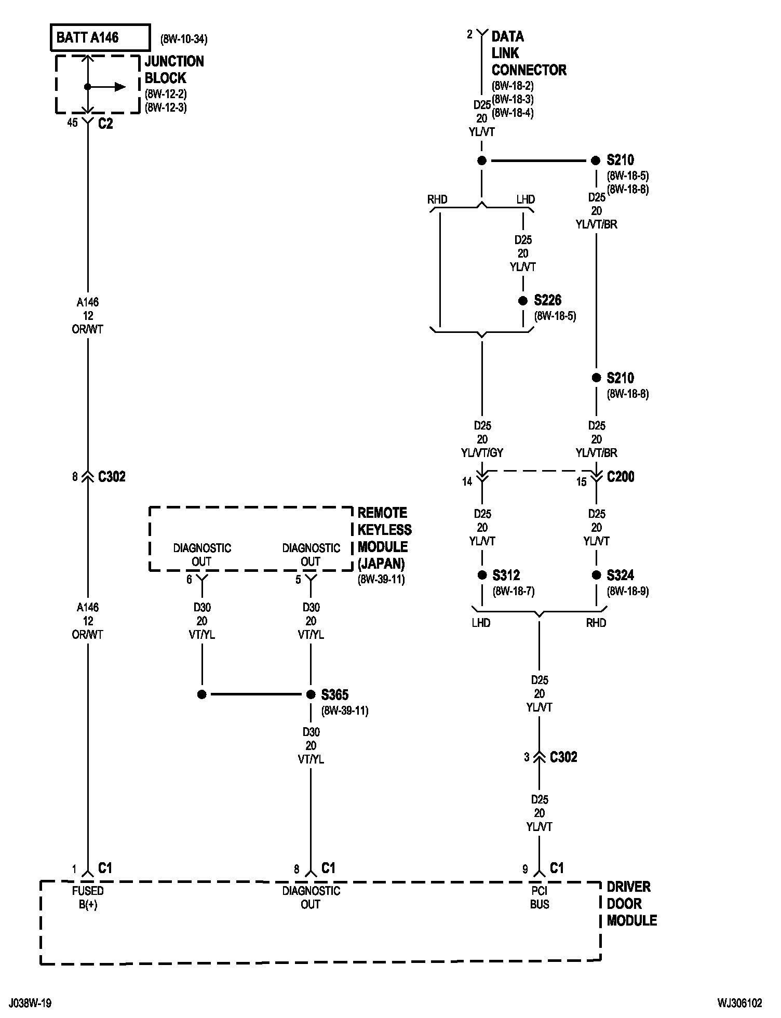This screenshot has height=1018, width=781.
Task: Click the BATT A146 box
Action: click(x=100, y=37)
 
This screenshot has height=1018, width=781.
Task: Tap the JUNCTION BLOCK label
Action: click(x=174, y=70)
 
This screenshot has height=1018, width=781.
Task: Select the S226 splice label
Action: click(x=547, y=301)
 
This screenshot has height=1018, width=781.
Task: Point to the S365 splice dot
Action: click(x=311, y=694)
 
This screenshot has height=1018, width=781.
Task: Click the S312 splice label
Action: click(x=506, y=575)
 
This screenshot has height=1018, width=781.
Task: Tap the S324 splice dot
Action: click(x=596, y=575)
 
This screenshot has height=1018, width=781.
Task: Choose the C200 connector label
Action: click(x=621, y=477)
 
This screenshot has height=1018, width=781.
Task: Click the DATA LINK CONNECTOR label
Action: click(x=528, y=53)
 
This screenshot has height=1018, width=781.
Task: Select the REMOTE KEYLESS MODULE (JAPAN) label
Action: click(x=384, y=538)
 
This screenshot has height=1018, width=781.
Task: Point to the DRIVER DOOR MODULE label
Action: click(x=631, y=904)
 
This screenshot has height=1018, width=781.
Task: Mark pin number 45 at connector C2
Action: click(x=72, y=123)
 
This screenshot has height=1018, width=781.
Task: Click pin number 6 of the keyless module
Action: click(x=189, y=580)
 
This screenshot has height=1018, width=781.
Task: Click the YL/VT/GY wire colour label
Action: click(x=482, y=453)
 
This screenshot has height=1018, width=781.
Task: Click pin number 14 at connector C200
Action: click(x=467, y=482)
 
